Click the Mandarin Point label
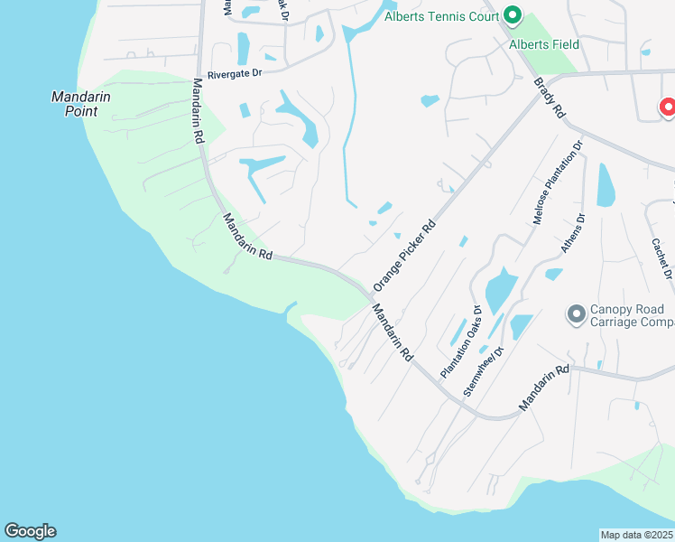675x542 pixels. click(74, 103)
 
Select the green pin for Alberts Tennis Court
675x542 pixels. click(513, 14)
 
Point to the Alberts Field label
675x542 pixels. click(544, 44)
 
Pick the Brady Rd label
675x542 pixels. click(549, 98)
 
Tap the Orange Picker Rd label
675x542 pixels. click(404, 256)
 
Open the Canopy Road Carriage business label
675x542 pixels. click(632, 315)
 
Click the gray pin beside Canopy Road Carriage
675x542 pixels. click(575, 314)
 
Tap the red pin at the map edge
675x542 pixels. click(669, 107)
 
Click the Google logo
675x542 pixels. click(30, 531)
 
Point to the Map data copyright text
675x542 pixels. click(637, 535)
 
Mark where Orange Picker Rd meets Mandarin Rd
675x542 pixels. click(370, 295)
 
